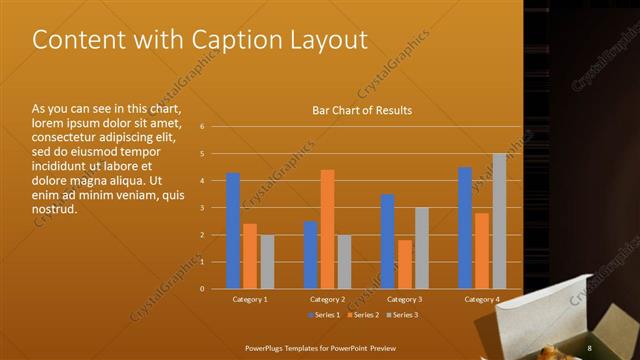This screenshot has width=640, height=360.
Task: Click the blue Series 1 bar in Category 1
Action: (x=233, y=231)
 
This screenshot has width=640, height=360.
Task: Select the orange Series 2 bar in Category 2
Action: (x=327, y=229)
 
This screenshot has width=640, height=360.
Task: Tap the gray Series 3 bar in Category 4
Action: (x=499, y=221)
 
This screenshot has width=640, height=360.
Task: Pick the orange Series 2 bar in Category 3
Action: (x=405, y=264)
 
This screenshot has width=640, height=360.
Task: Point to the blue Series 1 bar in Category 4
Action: (x=465, y=228)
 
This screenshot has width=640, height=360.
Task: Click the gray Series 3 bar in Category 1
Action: (x=267, y=262)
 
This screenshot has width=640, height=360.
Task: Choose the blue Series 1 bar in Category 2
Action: (x=310, y=255)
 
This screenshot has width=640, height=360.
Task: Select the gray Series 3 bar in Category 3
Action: (x=422, y=248)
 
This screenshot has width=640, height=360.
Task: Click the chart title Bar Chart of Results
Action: (x=362, y=110)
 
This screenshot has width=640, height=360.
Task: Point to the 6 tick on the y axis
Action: (x=202, y=127)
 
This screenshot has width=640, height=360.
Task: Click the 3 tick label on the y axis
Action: (x=202, y=208)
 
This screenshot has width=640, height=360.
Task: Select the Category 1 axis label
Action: (x=250, y=299)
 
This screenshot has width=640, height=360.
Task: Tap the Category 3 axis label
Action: (x=405, y=299)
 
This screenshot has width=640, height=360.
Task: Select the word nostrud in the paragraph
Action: (x=55, y=208)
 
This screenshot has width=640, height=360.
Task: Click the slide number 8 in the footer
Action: (x=590, y=347)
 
